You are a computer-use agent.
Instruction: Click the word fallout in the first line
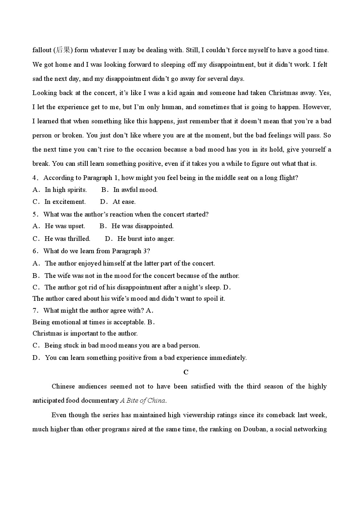click(42, 50)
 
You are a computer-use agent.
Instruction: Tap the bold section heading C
click(186, 372)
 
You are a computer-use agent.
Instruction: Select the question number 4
click(35, 178)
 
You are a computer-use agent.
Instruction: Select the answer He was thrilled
click(67, 239)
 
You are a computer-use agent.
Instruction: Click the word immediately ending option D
click(228, 358)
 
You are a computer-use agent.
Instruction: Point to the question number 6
click(35, 251)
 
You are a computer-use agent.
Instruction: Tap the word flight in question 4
click(289, 178)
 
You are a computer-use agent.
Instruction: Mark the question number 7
click(35, 311)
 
